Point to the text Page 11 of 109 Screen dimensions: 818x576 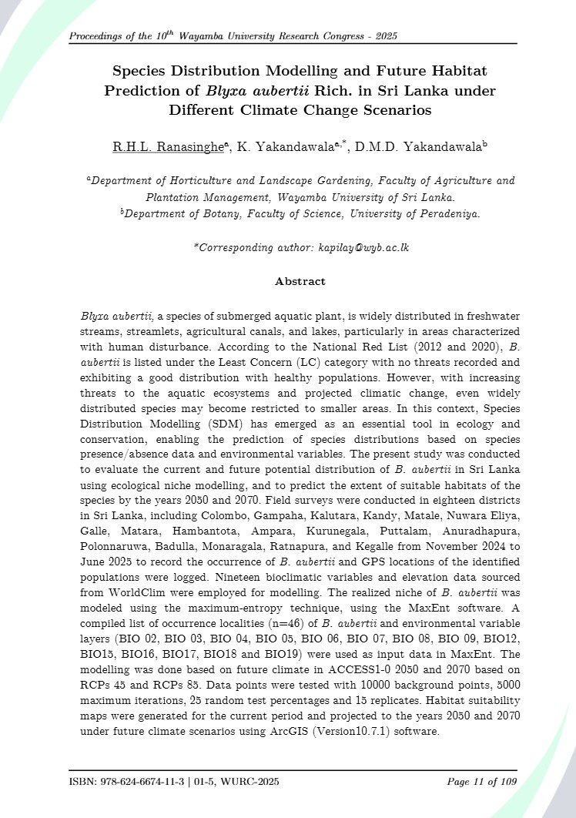coord(482,783)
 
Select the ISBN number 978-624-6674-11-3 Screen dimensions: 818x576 coord(142,783)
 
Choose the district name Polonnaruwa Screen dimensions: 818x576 coord(118,561)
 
